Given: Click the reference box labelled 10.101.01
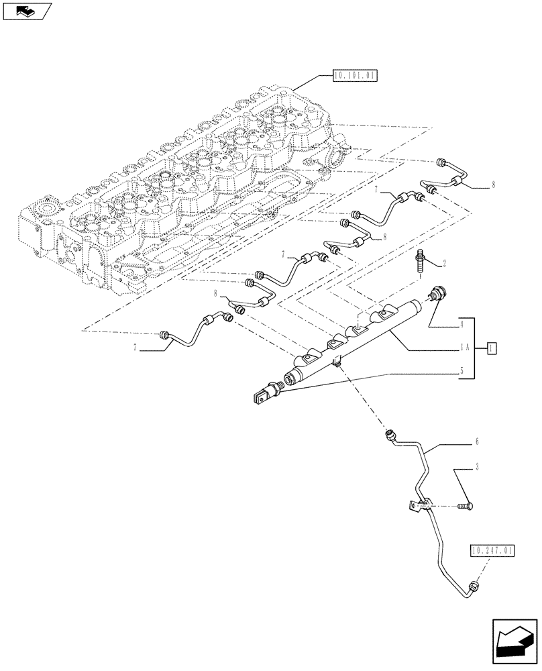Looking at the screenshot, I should tap(356, 76).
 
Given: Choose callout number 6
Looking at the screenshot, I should tap(477, 442).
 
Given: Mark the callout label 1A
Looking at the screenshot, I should tap(464, 347).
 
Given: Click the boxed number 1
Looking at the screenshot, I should tap(492, 348).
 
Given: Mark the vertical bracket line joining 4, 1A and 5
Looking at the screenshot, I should tap(476, 347).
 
